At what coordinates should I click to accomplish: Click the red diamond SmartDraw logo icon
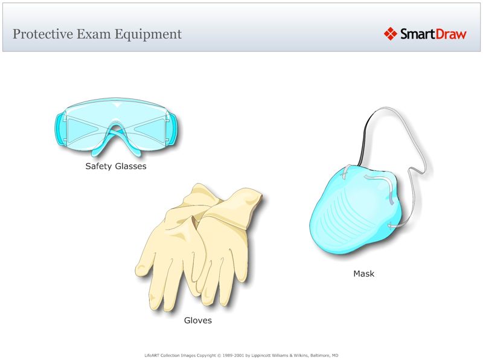point(390,34)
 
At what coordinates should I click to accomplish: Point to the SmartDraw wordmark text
point(433,34)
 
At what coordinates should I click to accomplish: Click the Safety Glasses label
point(116,166)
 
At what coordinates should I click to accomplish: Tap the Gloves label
point(198,321)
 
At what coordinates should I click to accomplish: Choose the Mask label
point(363,274)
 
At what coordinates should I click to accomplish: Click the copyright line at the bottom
point(241,355)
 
